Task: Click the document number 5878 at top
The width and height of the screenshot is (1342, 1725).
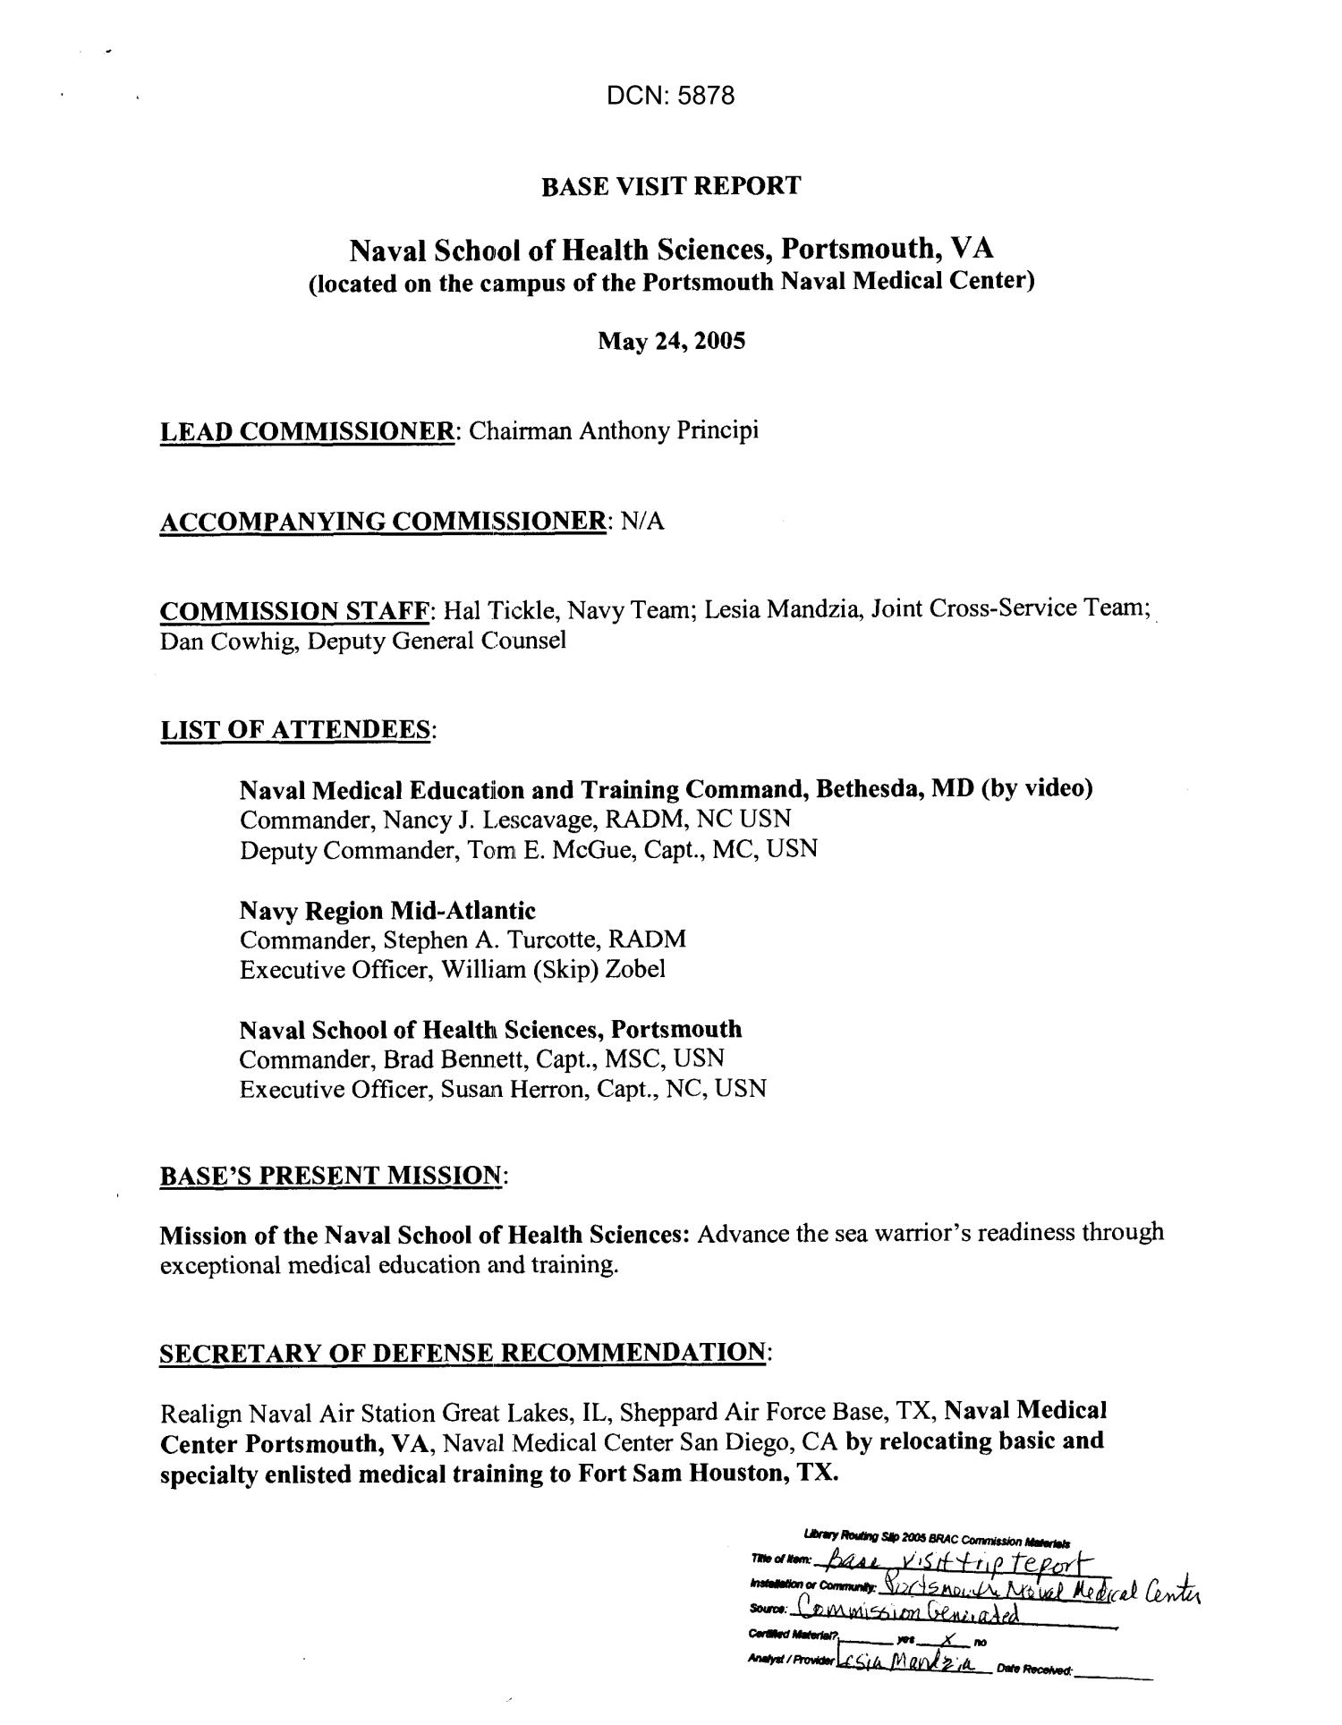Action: (707, 96)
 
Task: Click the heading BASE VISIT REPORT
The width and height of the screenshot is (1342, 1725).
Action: (670, 186)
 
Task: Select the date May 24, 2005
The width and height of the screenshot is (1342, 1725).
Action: (671, 341)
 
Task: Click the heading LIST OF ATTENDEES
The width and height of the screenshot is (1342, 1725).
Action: (295, 730)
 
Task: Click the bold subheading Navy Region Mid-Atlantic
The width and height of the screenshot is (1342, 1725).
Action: (387, 911)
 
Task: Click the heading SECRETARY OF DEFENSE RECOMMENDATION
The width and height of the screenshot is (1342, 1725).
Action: (463, 1352)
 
